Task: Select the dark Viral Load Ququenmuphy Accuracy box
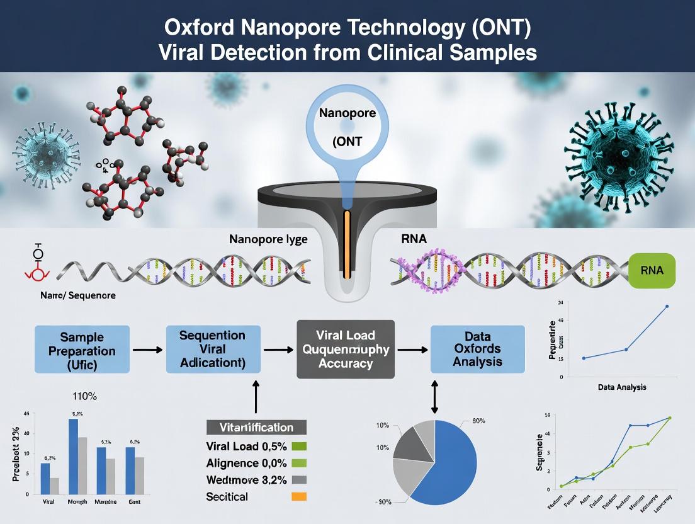click(345, 348)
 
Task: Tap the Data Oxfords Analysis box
click(477, 349)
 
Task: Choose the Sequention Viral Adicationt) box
click(213, 349)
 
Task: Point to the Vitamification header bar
click(256, 427)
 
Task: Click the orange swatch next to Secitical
click(300, 497)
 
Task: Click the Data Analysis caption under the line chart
click(622, 387)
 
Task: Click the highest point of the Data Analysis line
click(667, 307)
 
